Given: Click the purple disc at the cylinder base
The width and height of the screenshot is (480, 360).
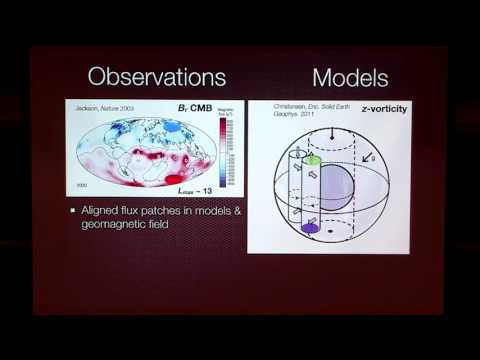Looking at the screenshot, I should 310,228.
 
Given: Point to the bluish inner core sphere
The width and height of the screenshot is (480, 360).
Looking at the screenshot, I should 345,189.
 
